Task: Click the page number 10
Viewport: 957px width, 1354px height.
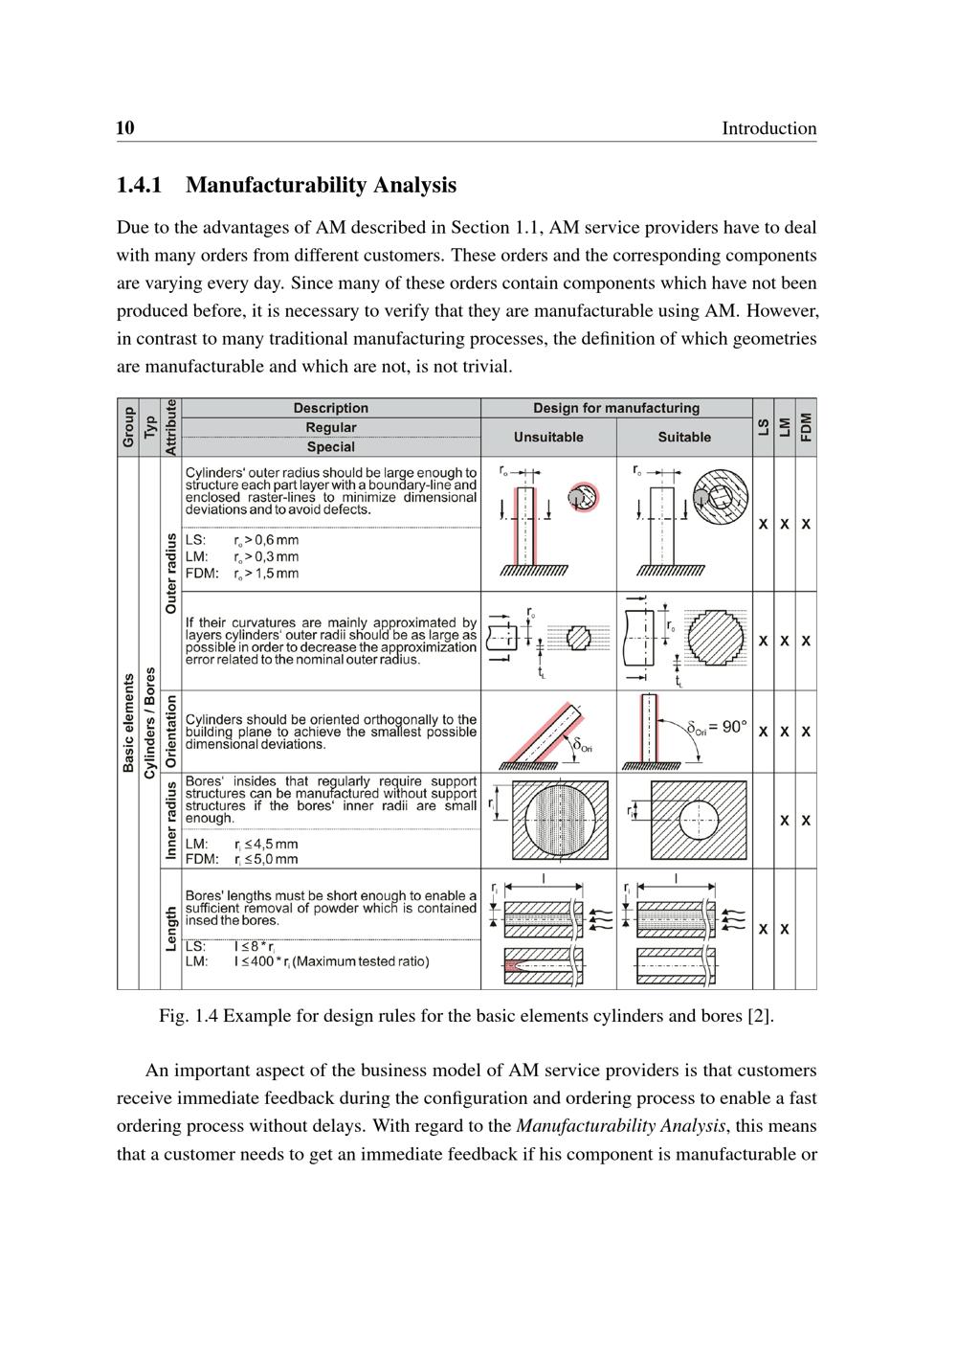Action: (x=125, y=128)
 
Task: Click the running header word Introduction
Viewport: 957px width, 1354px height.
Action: (x=768, y=128)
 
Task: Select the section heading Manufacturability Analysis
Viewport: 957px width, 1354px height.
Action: (x=321, y=185)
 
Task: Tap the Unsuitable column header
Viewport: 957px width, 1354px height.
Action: (x=548, y=437)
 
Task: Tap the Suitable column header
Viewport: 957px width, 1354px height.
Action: (x=684, y=437)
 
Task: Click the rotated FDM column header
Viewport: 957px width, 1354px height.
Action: (x=806, y=426)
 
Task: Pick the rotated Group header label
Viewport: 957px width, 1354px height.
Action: (x=127, y=427)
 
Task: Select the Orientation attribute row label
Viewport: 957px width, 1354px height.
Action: (x=171, y=732)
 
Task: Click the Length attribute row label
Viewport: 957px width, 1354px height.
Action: (x=171, y=929)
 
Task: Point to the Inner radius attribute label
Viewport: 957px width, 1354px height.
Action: (x=171, y=820)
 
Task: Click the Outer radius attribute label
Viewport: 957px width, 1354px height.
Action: (x=171, y=573)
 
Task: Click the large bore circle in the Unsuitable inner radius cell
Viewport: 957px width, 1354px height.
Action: (x=560, y=820)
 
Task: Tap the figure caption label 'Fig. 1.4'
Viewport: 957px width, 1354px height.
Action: (x=188, y=1015)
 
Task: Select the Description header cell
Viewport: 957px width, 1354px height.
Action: (x=330, y=408)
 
